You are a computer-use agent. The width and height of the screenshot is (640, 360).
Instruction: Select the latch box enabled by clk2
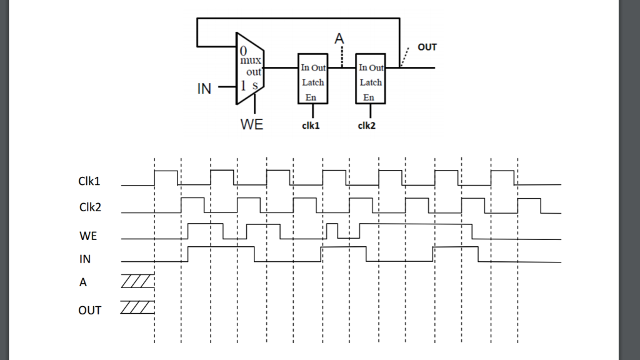370,78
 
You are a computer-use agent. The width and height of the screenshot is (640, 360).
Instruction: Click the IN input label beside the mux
204,89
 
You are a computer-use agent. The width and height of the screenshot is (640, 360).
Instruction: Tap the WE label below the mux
252,124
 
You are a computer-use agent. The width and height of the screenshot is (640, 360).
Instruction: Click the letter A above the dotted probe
339,39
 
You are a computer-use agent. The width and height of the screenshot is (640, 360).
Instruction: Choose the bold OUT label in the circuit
427,47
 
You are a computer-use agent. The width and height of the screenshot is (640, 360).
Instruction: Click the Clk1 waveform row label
90,181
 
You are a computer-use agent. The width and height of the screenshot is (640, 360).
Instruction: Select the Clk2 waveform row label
90,207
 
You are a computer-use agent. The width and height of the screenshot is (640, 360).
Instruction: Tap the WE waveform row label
88,236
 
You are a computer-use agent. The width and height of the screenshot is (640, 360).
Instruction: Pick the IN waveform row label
85,259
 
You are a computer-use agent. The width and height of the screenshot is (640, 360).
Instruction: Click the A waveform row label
83,282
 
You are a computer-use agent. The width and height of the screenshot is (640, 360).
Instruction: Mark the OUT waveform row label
89,310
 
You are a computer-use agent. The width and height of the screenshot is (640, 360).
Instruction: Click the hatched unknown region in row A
137,282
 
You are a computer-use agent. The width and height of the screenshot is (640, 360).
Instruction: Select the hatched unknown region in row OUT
137,307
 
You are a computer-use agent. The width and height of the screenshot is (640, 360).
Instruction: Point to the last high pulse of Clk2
531,205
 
